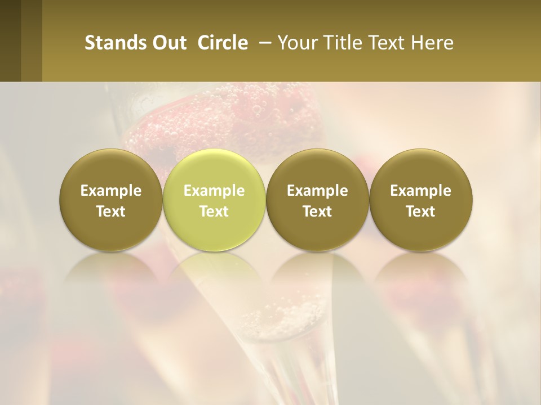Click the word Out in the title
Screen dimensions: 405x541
(169, 43)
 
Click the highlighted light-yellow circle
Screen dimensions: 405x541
(214, 199)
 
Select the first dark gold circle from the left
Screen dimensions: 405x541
(110, 199)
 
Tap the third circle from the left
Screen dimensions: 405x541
(317, 199)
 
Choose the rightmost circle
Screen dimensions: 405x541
(420, 199)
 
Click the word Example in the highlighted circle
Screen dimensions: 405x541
(214, 191)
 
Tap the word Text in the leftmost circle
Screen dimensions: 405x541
(110, 211)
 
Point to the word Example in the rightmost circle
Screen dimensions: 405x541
(420, 191)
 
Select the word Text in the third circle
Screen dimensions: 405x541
(317, 211)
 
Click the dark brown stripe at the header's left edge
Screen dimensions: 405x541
(10, 40)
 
